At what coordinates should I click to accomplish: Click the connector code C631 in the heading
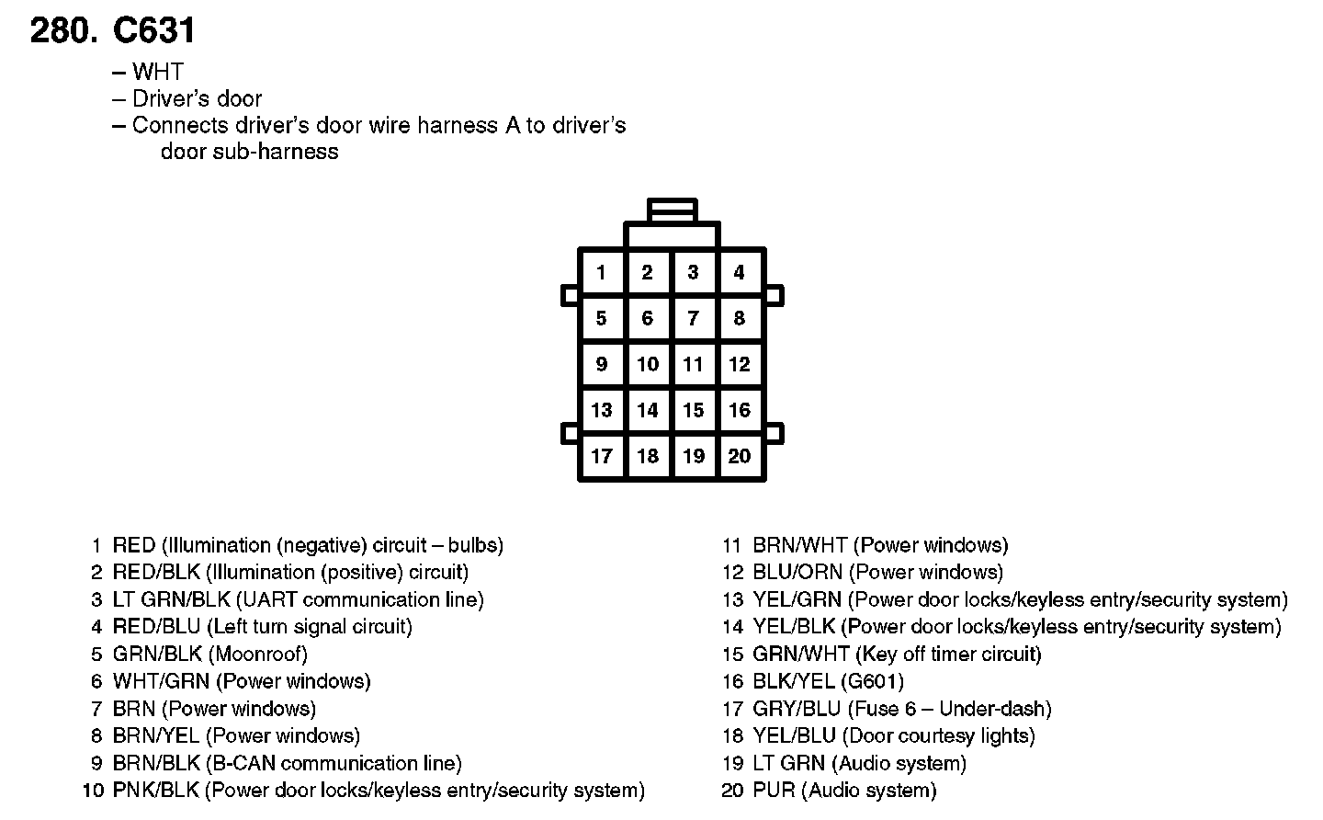click(x=153, y=31)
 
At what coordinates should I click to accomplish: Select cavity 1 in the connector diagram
click(x=601, y=272)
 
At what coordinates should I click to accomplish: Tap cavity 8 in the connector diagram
click(x=739, y=318)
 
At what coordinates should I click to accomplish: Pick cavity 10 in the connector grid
click(x=648, y=364)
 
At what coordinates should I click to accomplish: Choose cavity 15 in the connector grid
click(x=694, y=410)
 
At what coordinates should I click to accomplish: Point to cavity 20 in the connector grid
click(x=739, y=456)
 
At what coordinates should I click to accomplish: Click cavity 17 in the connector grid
click(x=601, y=456)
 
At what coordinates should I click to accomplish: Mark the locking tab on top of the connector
click(x=672, y=211)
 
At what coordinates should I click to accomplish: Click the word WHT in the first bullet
click(x=157, y=72)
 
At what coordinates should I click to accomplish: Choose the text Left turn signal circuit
click(x=310, y=627)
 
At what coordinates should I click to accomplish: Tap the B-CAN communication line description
click(x=334, y=764)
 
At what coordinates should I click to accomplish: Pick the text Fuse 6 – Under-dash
click(x=949, y=709)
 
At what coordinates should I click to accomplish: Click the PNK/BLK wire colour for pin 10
click(x=155, y=791)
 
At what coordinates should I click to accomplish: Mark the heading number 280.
click(x=63, y=31)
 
